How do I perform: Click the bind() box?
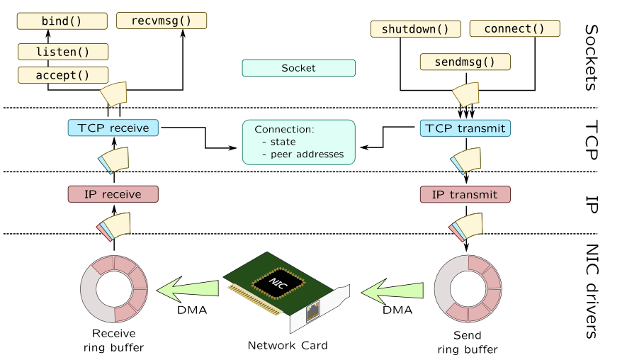click(x=62, y=21)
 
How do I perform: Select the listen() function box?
click(x=62, y=51)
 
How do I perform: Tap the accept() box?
click(x=62, y=74)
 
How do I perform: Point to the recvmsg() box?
click(x=162, y=21)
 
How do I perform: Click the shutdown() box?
click(x=415, y=29)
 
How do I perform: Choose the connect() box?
click(x=514, y=29)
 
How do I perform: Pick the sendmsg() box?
click(x=465, y=62)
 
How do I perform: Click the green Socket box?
click(x=298, y=68)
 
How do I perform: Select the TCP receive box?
click(x=113, y=128)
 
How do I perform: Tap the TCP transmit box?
click(x=465, y=128)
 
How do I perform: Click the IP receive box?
click(x=113, y=194)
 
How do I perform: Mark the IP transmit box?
click(x=465, y=194)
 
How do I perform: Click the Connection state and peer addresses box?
click(x=298, y=142)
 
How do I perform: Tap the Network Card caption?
click(x=288, y=346)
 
